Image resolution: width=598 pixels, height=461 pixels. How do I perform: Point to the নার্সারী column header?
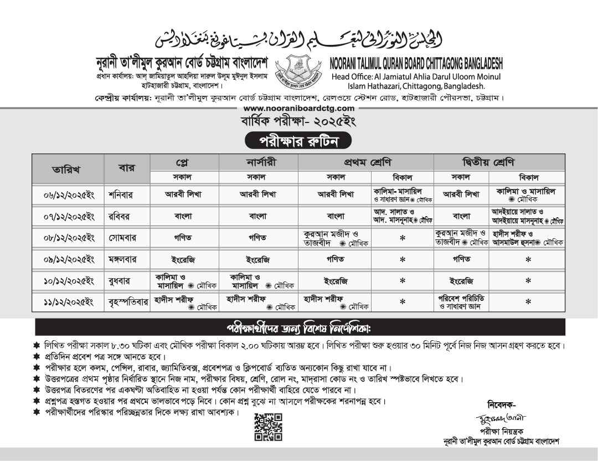(258, 162)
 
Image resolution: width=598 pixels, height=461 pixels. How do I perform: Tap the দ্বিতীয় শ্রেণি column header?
(499, 162)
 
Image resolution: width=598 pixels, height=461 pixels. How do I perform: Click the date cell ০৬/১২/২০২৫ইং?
(68, 195)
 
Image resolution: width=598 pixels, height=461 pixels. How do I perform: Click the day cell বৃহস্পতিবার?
(128, 302)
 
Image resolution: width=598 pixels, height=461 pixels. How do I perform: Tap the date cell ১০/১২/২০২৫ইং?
(68, 280)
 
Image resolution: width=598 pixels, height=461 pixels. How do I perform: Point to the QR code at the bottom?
(268, 427)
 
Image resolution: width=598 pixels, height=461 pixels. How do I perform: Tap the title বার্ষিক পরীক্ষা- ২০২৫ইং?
(298, 121)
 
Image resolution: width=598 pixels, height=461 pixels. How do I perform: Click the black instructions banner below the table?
(298, 326)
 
